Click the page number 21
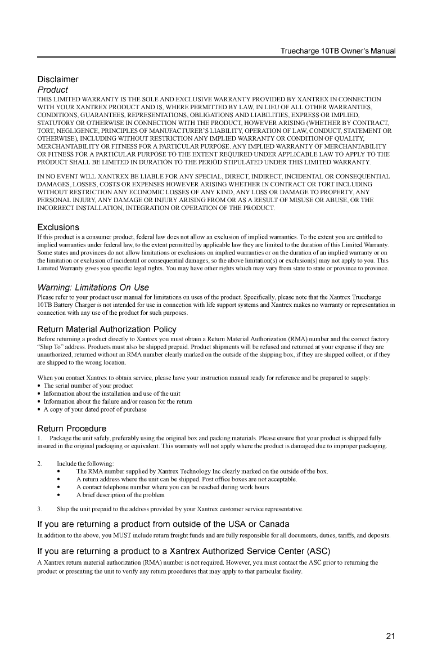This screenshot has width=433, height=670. pyautogui.click(x=391, y=637)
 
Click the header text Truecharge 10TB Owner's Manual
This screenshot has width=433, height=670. pyautogui.click(x=338, y=51)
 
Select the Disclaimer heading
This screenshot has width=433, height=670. pyautogui.click(x=58, y=79)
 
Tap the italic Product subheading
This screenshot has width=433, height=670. pyautogui.click(x=52, y=90)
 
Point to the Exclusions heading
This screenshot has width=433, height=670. pyautogui.click(x=58, y=227)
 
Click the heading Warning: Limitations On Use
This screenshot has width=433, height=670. pyautogui.click(x=93, y=288)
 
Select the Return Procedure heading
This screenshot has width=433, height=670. pyautogui.click(x=71, y=429)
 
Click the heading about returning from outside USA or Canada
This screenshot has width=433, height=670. pyautogui.click(x=163, y=525)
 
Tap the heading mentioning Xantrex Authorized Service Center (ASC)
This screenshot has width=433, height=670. pyautogui.click(x=183, y=551)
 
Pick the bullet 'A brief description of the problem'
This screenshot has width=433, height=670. pyautogui.click(x=120, y=495)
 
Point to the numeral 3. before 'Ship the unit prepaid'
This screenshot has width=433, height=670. pyautogui.click(x=39, y=509)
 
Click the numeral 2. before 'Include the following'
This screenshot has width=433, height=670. pyautogui.click(x=39, y=463)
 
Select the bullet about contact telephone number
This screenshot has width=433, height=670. pyautogui.click(x=173, y=487)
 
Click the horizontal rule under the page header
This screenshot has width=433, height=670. pyautogui.click(x=216, y=57)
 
